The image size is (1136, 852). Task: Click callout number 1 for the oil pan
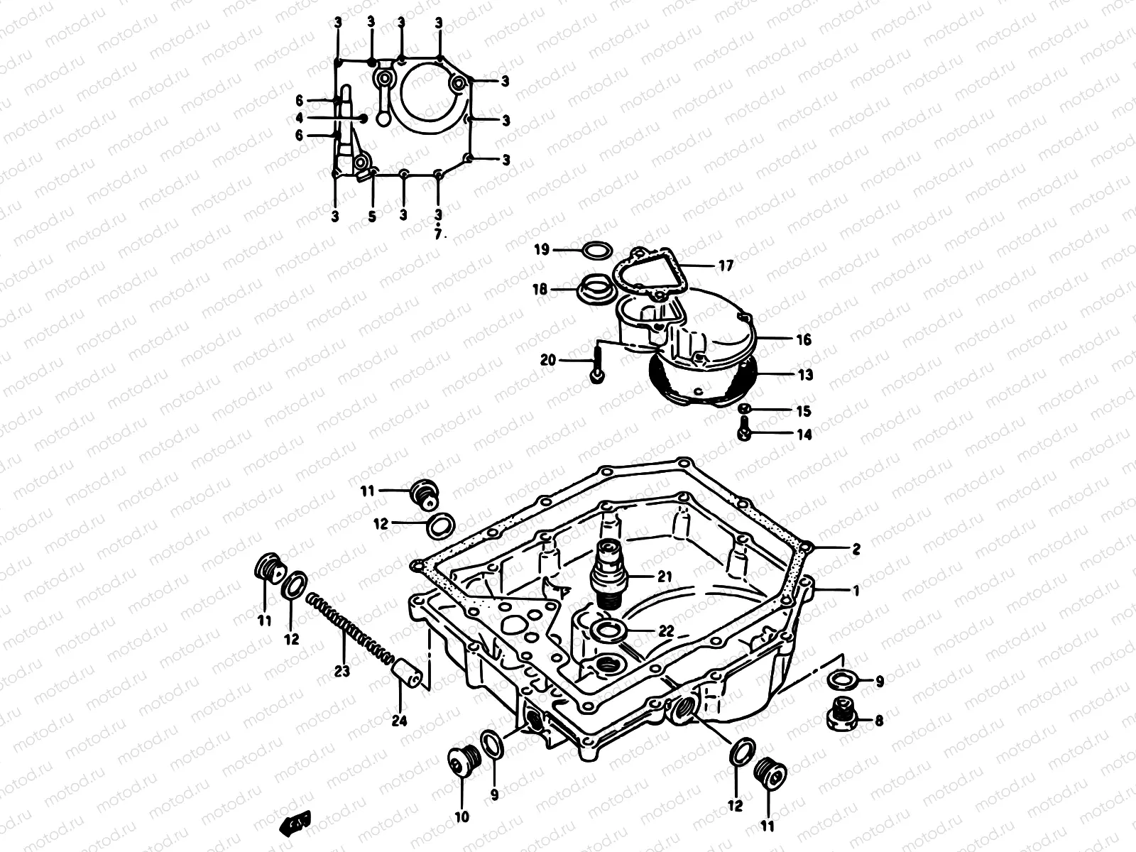tap(856, 590)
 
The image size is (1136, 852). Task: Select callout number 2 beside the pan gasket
tap(856, 548)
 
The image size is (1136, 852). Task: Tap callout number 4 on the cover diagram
tap(300, 118)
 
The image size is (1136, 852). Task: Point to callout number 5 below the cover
tap(371, 217)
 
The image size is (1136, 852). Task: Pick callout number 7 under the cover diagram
tap(438, 234)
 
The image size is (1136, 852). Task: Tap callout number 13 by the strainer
tap(804, 375)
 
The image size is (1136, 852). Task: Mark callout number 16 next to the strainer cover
tap(803, 340)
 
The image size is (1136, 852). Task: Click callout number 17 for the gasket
tap(725, 266)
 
